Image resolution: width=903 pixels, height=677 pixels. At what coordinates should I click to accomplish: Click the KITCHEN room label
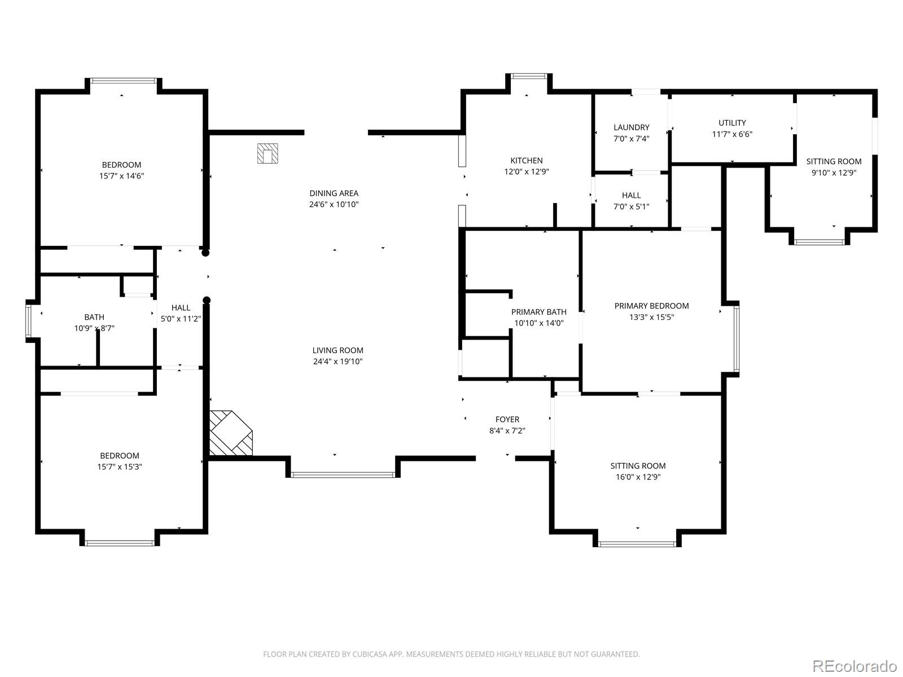click(x=526, y=161)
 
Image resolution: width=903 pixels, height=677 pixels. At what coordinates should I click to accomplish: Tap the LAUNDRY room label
click(x=631, y=128)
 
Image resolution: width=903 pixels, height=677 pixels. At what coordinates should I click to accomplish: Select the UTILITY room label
click(x=732, y=123)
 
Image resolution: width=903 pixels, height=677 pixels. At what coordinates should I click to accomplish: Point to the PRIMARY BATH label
click(x=538, y=312)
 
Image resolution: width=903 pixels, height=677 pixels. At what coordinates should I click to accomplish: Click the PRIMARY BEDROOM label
click(x=651, y=306)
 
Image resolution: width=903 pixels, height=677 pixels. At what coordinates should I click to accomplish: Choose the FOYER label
click(x=507, y=419)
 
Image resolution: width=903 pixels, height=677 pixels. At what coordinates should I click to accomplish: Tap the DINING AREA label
click(x=334, y=193)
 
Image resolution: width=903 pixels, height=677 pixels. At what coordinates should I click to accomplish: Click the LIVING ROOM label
click(x=337, y=350)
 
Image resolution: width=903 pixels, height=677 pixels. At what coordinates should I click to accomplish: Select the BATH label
click(x=94, y=317)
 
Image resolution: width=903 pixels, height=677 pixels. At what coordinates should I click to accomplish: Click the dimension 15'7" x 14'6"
click(x=121, y=176)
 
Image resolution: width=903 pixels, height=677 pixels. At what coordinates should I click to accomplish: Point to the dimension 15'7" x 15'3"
click(x=119, y=467)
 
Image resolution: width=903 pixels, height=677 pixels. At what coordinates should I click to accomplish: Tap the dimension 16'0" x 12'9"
click(x=638, y=477)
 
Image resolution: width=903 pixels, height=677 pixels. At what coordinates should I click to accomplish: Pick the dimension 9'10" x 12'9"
click(x=834, y=173)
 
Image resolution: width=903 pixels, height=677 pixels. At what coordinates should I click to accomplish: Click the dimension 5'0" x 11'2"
click(x=181, y=319)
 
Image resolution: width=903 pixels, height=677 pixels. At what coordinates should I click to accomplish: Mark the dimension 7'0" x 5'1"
click(x=631, y=206)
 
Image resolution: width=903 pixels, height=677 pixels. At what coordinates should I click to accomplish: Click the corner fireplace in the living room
click(x=230, y=433)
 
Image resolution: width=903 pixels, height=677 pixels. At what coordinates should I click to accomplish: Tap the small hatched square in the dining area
click(x=268, y=153)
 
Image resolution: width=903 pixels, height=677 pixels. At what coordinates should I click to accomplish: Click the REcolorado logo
click(x=855, y=665)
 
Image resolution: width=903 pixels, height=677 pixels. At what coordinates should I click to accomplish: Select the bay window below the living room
click(x=343, y=475)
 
